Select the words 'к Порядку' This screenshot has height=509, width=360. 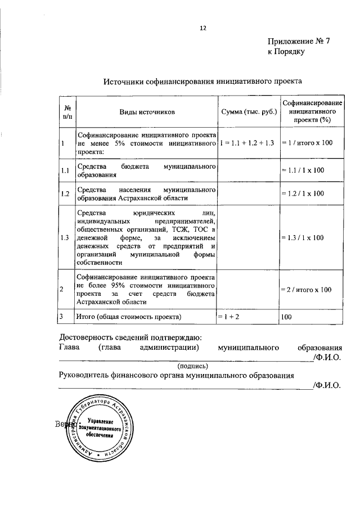286,52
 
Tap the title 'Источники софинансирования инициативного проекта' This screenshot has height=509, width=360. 203,81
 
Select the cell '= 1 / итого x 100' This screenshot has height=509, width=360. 308,144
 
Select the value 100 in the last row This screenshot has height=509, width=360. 287,318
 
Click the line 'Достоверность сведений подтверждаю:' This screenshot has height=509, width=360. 130,337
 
